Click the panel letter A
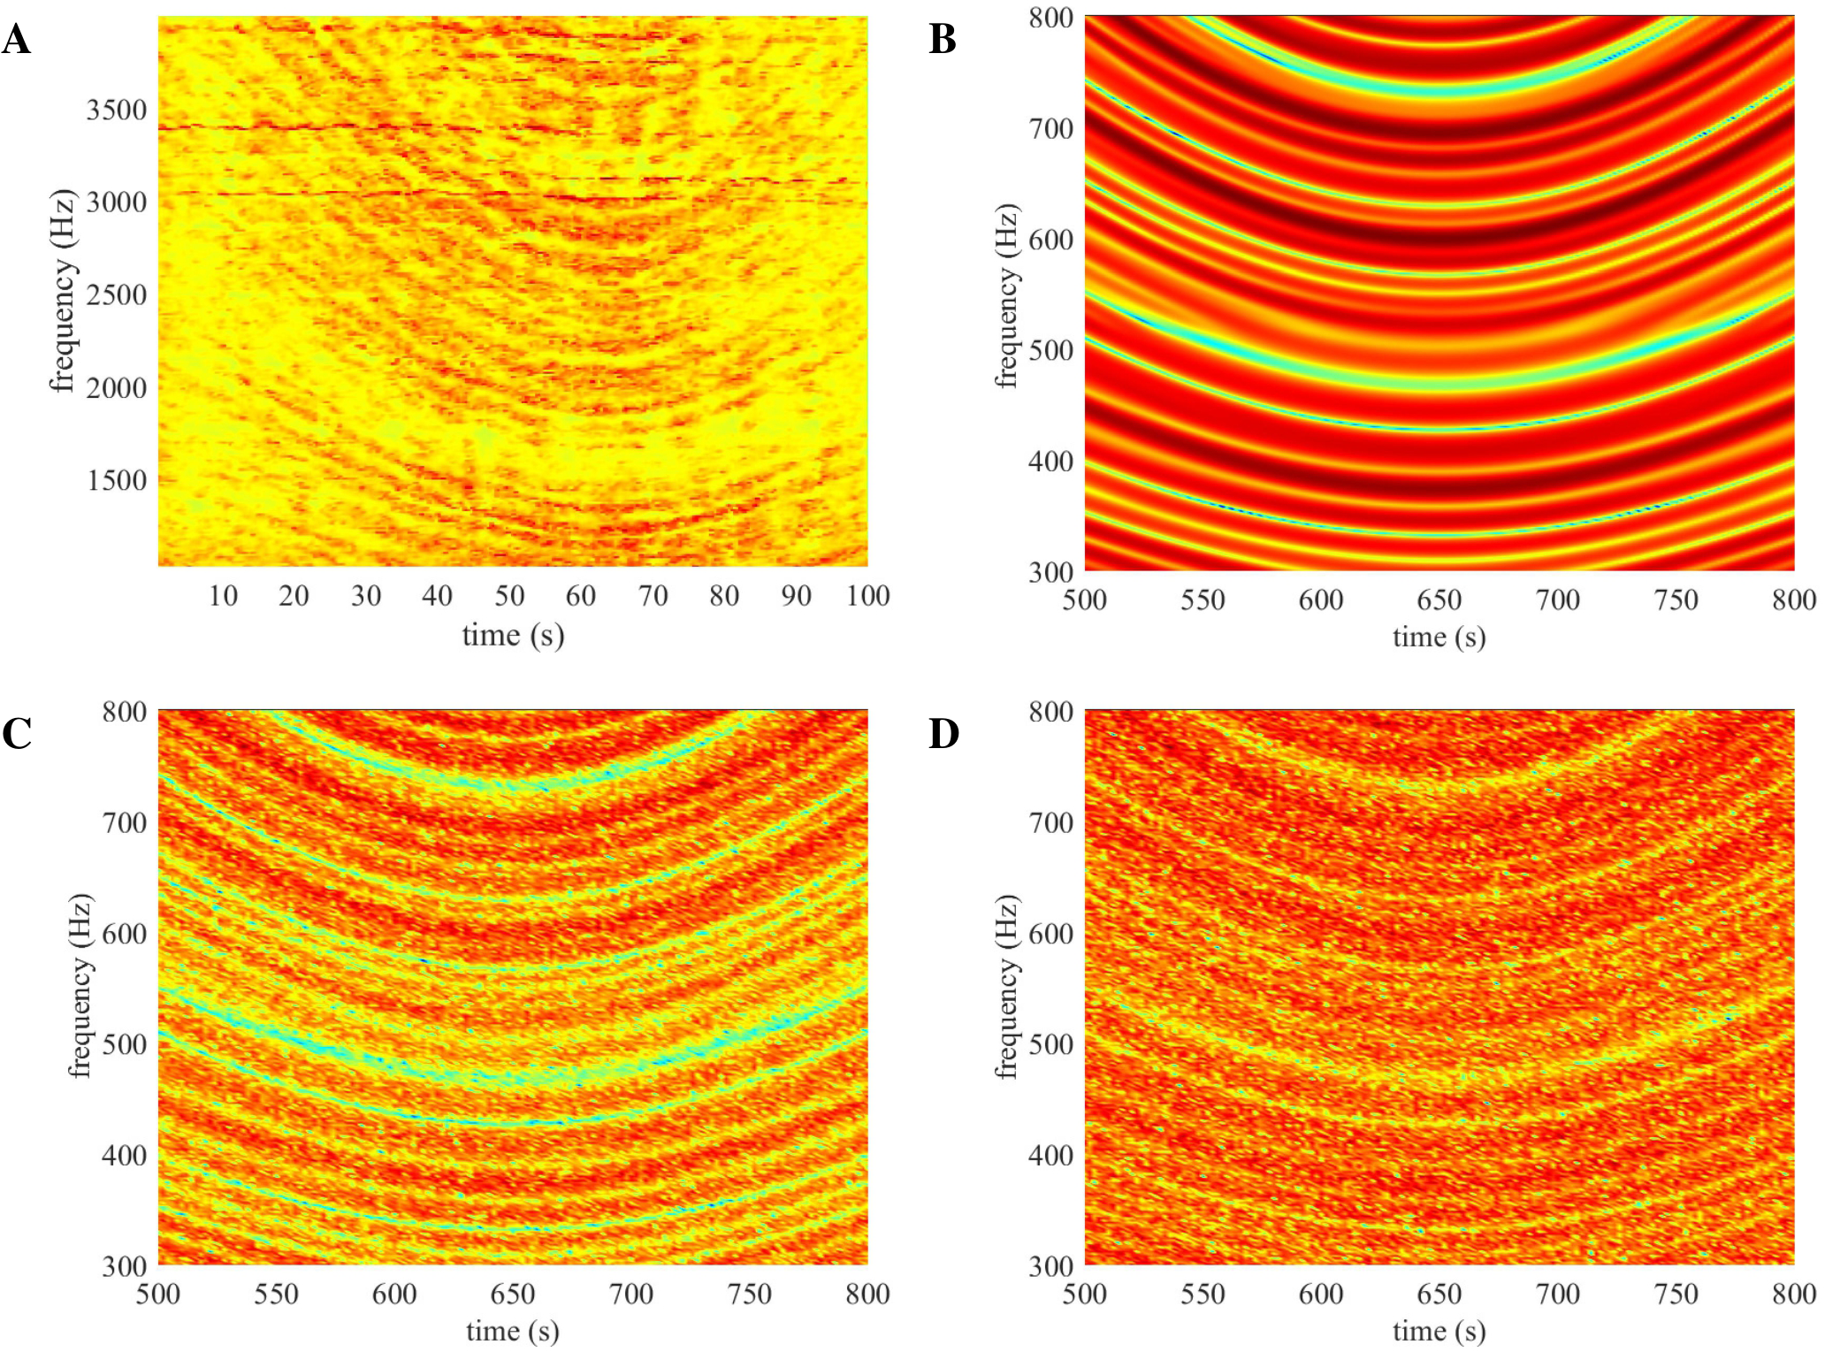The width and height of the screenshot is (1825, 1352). pyautogui.click(x=17, y=40)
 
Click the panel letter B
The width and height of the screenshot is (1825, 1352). pyautogui.click(x=943, y=40)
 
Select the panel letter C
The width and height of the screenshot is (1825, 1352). pyautogui.click(x=17, y=734)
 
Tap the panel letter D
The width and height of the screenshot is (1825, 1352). pyautogui.click(x=943, y=734)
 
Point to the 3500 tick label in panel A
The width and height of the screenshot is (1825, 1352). pyautogui.click(x=116, y=110)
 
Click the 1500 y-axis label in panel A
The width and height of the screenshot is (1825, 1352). pyautogui.click(x=116, y=480)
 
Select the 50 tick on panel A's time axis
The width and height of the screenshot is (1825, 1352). pyautogui.click(x=509, y=596)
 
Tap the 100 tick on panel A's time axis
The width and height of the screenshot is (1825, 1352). pyautogui.click(x=867, y=596)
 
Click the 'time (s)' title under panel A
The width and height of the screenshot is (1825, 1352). pyautogui.click(x=513, y=635)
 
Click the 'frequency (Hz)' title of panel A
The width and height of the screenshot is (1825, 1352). pyautogui.click(x=62, y=290)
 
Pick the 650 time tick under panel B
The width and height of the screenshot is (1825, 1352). pyautogui.click(x=1439, y=600)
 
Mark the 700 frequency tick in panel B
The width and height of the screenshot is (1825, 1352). pyautogui.click(x=1050, y=129)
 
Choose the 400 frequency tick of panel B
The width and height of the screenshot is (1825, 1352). pyautogui.click(x=1050, y=462)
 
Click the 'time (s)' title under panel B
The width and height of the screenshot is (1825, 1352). pyautogui.click(x=1439, y=637)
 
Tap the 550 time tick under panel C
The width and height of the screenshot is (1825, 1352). pyautogui.click(x=276, y=1295)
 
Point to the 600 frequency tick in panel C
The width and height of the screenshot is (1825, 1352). pyautogui.click(x=124, y=934)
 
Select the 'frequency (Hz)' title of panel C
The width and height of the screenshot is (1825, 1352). pyautogui.click(x=80, y=986)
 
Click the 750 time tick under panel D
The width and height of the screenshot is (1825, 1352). pyautogui.click(x=1676, y=1295)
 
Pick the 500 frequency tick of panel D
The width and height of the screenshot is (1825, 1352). pyautogui.click(x=1050, y=1044)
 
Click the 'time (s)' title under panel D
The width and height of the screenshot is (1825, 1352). pyautogui.click(x=1439, y=1331)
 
